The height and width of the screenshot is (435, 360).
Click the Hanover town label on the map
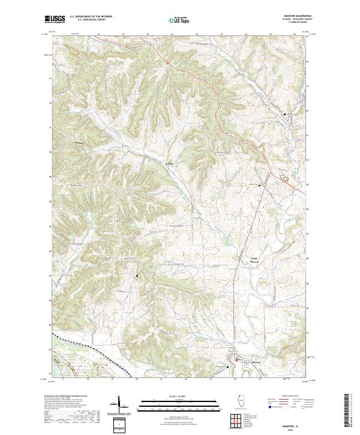click(257, 361)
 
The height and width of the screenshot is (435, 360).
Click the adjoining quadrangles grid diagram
click(235, 419)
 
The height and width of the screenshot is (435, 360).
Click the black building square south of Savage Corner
click(137, 275)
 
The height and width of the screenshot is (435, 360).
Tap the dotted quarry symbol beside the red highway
click(285, 178)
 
